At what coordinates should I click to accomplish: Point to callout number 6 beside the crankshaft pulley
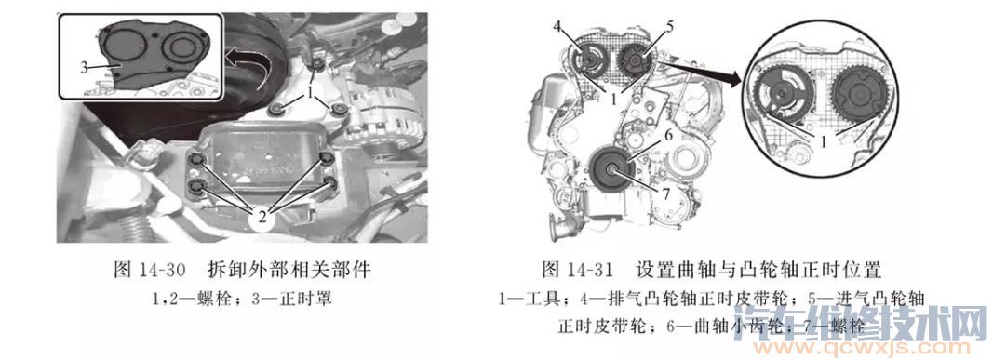(x=667, y=136)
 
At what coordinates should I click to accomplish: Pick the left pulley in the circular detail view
(x=785, y=94)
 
